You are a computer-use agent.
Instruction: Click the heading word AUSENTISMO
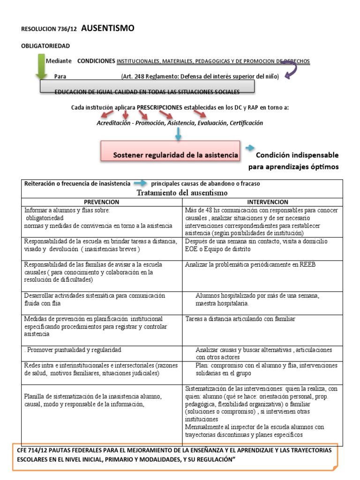click(x=108, y=29)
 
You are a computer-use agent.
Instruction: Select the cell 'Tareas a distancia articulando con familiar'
click(x=240, y=319)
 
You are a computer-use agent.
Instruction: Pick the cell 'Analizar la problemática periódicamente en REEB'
click(x=250, y=265)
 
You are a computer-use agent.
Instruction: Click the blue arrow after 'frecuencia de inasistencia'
click(x=139, y=183)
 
